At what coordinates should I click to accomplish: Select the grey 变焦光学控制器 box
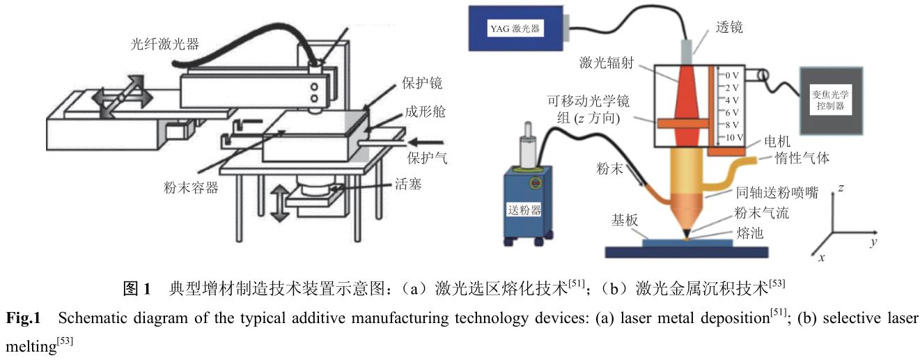tap(831, 101)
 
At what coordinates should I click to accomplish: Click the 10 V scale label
tap(733, 138)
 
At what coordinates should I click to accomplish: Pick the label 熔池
tap(749, 233)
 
